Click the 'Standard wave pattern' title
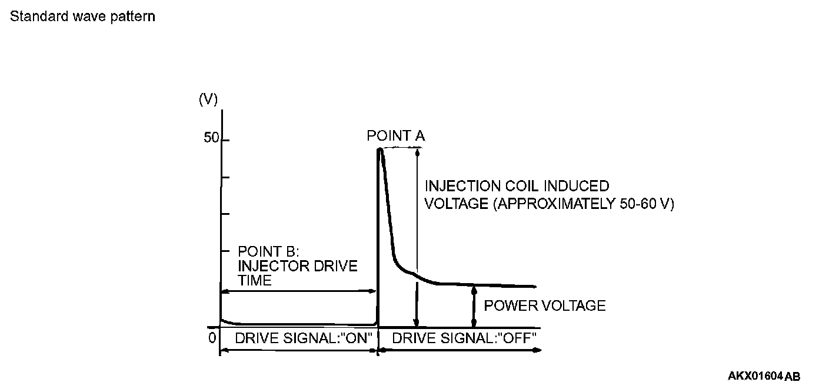coord(82,16)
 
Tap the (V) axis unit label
coord(208,99)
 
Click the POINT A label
coord(395,136)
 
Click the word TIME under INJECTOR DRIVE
coord(255,280)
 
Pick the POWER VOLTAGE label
coord(544,305)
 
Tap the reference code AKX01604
coord(755,376)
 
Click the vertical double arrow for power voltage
coord(474,305)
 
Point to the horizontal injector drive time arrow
coord(298,291)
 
